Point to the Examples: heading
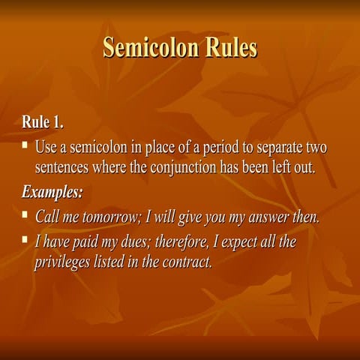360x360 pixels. [52, 192]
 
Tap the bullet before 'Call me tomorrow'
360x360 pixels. [25, 216]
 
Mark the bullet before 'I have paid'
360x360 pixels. [25, 240]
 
